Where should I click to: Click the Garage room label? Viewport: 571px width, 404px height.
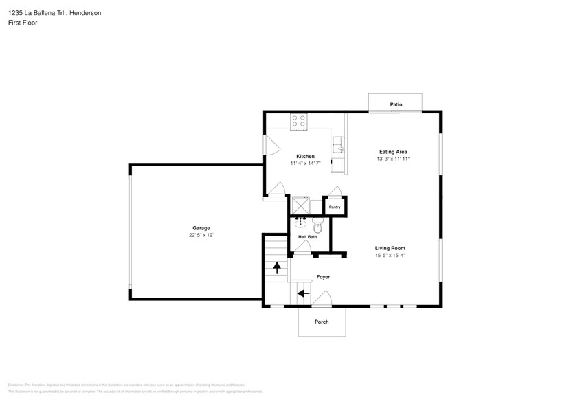[x=201, y=228]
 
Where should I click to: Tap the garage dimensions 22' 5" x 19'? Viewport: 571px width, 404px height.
[x=201, y=235]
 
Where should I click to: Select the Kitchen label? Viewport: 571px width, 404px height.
[x=305, y=157]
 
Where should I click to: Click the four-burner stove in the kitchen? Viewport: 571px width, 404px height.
[x=298, y=121]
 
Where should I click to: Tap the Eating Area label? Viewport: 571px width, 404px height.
[x=393, y=152]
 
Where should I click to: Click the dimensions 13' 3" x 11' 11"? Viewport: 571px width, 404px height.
[x=393, y=159]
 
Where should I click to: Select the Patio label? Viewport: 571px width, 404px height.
[x=396, y=104]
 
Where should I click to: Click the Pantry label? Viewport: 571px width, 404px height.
[x=335, y=207]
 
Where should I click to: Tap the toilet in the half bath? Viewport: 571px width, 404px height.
[x=317, y=226]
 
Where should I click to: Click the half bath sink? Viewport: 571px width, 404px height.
[x=301, y=222]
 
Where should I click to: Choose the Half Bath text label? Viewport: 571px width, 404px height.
[x=307, y=237]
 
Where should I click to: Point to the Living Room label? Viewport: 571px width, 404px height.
[x=390, y=248]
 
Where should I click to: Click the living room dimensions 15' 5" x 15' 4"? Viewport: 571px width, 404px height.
[x=390, y=255]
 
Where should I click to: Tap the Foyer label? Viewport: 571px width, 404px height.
[x=323, y=277]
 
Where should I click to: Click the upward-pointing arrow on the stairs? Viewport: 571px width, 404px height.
[x=277, y=267]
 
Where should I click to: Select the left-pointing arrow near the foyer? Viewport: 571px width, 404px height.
[x=302, y=294]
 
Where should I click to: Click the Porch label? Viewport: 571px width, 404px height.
[x=321, y=322]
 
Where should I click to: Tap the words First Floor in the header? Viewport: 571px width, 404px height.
[x=23, y=23]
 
